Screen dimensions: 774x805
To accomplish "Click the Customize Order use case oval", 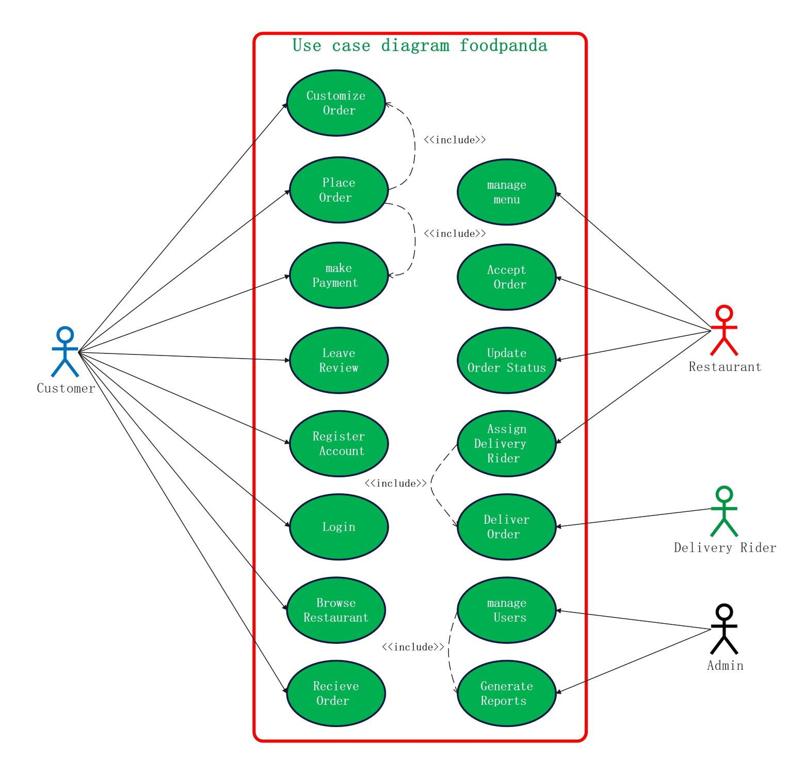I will (x=336, y=103).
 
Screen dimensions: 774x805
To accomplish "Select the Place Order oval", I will (x=339, y=190).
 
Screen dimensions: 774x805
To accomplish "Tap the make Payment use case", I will (x=339, y=276).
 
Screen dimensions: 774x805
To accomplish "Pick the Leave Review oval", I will (x=339, y=360).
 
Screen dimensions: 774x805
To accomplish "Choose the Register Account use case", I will (x=339, y=444).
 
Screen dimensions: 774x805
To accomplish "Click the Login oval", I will (x=339, y=527).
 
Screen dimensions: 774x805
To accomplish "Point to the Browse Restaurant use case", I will (x=336, y=610).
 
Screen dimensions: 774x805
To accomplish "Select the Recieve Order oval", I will (x=336, y=694).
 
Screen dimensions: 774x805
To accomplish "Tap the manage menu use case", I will (x=506, y=192).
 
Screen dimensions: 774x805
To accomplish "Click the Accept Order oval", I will (x=506, y=277).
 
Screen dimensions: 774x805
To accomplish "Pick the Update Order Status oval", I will (x=506, y=360).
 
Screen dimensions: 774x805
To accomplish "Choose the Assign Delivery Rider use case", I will (x=506, y=444).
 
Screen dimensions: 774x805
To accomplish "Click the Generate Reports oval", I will (x=506, y=694).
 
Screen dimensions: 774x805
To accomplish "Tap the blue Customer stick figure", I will (x=65, y=351).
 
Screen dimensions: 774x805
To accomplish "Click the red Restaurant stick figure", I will (x=724, y=330).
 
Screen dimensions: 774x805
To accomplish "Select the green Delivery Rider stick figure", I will (x=724, y=511).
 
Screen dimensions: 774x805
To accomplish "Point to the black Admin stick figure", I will (x=724, y=628).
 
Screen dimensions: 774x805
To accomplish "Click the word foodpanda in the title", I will (x=503, y=45).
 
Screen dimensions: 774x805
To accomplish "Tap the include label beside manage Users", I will (x=413, y=647).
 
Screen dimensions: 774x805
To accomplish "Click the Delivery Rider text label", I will (x=725, y=548).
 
